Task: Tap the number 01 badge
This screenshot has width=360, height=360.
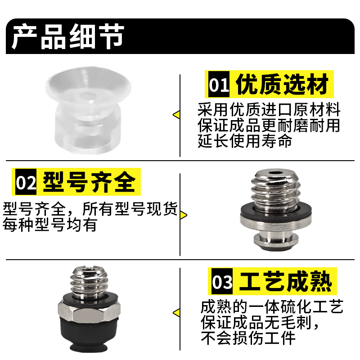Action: [x=219, y=85]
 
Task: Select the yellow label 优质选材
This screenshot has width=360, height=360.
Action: [x=283, y=84]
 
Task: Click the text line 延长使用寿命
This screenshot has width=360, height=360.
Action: [x=245, y=142]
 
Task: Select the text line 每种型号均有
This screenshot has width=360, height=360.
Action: [x=49, y=225]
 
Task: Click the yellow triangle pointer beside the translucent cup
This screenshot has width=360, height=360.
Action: [x=176, y=115]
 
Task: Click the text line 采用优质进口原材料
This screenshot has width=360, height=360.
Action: [x=269, y=110]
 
